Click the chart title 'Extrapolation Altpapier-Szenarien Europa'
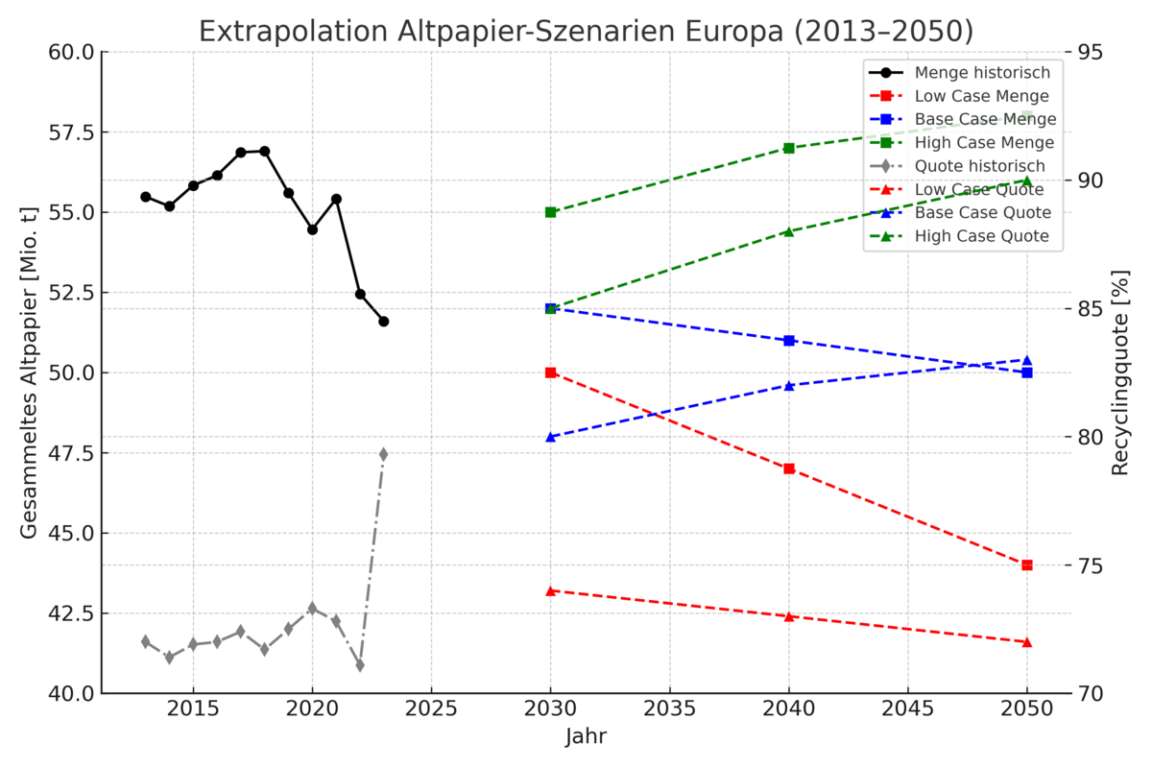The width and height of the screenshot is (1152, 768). point(586,32)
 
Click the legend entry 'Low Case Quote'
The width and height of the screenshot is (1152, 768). point(982,189)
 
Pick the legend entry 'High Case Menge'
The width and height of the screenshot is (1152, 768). point(984,143)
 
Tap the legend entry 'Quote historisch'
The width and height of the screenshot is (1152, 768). point(979,166)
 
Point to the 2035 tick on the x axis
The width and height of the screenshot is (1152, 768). point(669,708)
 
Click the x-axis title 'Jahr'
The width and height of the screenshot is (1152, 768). point(586,737)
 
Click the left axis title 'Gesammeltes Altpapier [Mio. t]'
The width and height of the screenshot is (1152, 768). point(29,372)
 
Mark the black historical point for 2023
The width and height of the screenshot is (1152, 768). point(383,322)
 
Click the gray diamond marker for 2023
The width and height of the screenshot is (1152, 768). point(383,454)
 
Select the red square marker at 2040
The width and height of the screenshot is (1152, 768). point(789,468)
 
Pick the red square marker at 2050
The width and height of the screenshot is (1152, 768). point(1027,564)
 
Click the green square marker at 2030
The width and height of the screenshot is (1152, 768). point(551,212)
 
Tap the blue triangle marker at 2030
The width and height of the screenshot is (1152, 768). point(551,437)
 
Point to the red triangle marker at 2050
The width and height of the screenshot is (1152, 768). point(1027,641)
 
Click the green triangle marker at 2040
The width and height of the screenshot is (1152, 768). point(789,231)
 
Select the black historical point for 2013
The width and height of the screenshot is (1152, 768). point(146,197)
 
